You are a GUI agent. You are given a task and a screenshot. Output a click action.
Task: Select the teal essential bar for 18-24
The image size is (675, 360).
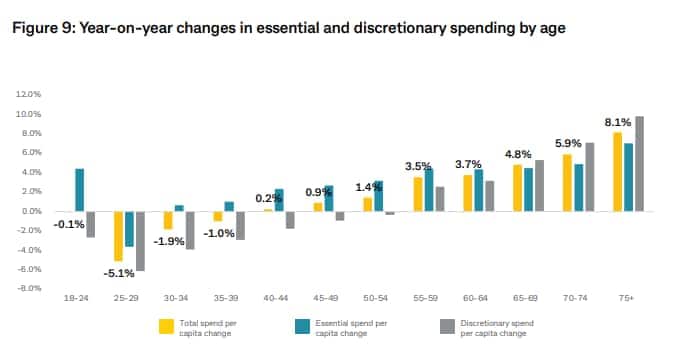pos(79,190)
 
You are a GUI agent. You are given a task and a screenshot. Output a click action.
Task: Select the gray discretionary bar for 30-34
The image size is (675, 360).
pos(190,230)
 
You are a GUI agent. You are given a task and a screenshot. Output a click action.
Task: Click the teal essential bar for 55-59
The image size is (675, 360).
pos(428,190)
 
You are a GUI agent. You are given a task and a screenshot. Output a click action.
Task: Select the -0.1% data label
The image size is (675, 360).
pos(67,224)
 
